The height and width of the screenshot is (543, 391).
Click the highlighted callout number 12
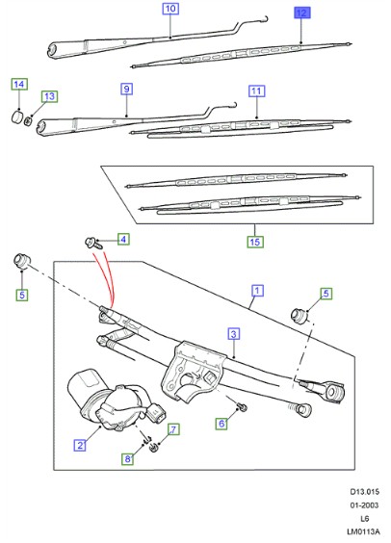click(x=302, y=13)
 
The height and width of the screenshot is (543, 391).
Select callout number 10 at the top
click(x=170, y=9)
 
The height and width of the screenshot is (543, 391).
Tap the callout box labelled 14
click(x=19, y=84)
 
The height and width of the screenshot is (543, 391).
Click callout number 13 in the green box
click(x=49, y=96)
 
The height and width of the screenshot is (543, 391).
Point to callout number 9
click(x=126, y=89)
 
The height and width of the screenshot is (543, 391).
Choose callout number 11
click(x=256, y=91)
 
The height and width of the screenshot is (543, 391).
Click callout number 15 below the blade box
click(x=255, y=242)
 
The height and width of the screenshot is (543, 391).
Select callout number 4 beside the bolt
click(x=123, y=239)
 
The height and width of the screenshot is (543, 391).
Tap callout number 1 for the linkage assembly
click(x=257, y=290)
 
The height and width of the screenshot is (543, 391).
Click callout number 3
click(x=234, y=334)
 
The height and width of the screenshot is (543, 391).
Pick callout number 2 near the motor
click(x=80, y=445)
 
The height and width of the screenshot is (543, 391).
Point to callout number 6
click(x=222, y=424)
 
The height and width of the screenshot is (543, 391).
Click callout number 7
click(x=173, y=429)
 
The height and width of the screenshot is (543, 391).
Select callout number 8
click(x=127, y=459)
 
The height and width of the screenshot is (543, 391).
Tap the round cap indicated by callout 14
click(x=17, y=116)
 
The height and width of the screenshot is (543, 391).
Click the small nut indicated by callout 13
click(x=28, y=121)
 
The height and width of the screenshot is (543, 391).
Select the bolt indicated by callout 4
click(x=92, y=243)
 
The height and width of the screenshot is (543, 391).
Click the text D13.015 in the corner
click(x=365, y=492)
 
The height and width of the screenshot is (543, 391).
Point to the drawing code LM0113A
click(x=363, y=531)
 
